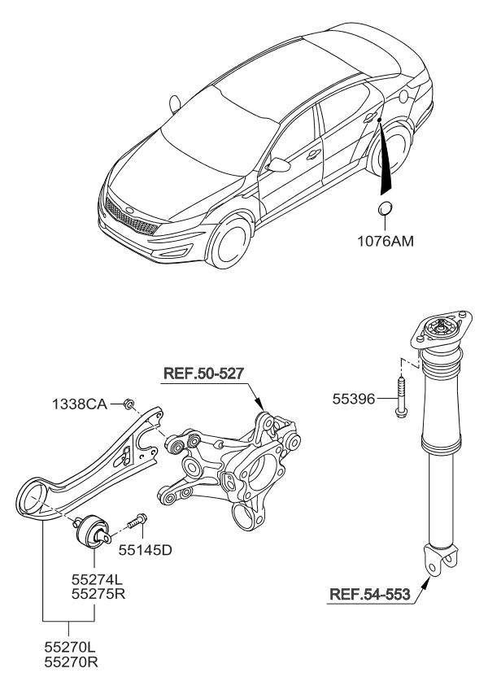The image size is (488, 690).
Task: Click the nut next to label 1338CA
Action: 129,403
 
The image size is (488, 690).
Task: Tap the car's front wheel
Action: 230,242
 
